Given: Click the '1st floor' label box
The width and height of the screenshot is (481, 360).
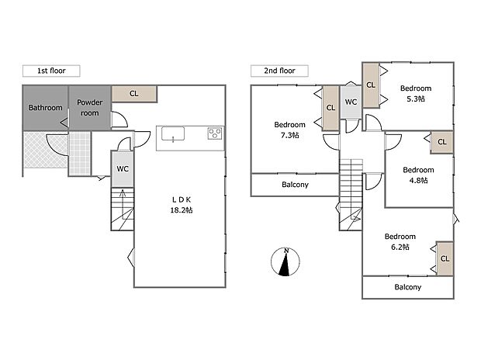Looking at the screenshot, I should click(x=50, y=71).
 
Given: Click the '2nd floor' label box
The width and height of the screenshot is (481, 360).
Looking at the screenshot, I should click(x=279, y=71).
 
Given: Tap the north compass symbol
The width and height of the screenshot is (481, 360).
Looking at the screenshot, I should click(x=286, y=262).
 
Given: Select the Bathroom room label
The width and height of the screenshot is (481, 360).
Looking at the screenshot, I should click(x=45, y=108).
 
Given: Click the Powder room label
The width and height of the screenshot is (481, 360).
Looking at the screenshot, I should click(x=89, y=107).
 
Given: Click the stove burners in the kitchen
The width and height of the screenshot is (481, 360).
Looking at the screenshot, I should click(x=215, y=135).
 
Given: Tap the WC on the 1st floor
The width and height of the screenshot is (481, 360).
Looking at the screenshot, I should click(x=122, y=168).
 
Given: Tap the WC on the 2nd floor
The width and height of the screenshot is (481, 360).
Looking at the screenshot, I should click(x=351, y=102).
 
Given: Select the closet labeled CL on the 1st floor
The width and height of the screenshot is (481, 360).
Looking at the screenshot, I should click(x=133, y=94).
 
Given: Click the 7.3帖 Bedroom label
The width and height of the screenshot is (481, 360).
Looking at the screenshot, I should click(x=289, y=130).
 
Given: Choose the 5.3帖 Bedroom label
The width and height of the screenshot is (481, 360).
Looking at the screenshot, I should click(x=416, y=93).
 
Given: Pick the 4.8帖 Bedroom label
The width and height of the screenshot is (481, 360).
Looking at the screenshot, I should click(x=418, y=175).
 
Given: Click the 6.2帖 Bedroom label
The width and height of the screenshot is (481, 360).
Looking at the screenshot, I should click(x=400, y=241).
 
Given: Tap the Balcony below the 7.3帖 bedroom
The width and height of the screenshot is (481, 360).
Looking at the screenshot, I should click(x=294, y=185).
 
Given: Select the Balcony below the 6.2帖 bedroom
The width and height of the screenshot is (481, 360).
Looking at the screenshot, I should click(x=407, y=287).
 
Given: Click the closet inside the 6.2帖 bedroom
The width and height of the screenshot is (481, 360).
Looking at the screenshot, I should click(x=445, y=258).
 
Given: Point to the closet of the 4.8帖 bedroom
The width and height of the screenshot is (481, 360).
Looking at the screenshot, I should click(x=441, y=142).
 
